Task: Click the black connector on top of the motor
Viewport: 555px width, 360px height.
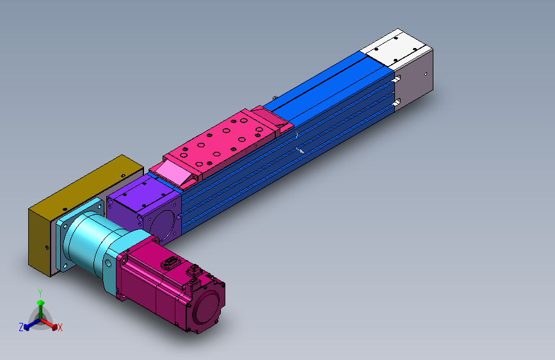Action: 172,263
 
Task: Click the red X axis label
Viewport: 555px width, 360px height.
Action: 60,328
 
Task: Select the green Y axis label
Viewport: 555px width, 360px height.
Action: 40,293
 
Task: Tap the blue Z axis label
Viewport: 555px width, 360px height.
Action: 21,327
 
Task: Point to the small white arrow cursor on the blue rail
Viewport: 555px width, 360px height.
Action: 300,151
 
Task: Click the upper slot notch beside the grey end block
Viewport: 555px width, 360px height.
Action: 397,80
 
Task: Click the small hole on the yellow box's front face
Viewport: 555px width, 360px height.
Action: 46,247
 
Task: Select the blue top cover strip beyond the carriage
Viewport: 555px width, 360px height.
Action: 326,83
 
